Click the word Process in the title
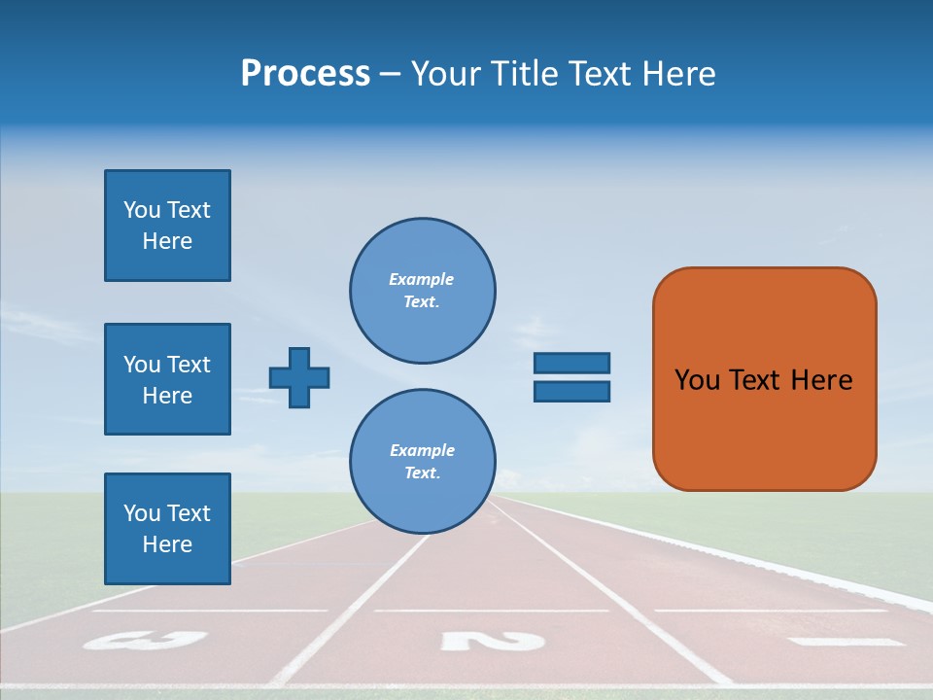click(305, 74)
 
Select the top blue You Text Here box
click(167, 226)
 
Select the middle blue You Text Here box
click(167, 379)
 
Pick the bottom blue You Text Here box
click(167, 529)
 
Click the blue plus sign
click(299, 377)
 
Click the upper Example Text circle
click(422, 291)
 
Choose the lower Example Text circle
click(422, 462)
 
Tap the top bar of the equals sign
click(571, 363)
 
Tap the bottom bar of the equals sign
click(571, 391)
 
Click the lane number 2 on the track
click(492, 641)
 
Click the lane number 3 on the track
click(146, 640)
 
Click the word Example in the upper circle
click(421, 279)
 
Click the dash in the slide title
click(390, 75)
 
